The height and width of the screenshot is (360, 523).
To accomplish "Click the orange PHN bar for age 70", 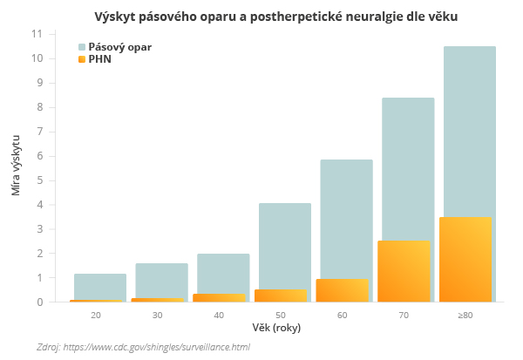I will (404, 271).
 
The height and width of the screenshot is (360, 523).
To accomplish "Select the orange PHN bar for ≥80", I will (465, 260).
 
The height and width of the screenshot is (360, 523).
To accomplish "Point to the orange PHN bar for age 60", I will (343, 290).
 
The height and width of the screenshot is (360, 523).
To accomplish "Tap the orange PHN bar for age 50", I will (281, 295).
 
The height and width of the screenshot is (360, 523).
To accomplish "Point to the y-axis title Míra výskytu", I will (17, 165).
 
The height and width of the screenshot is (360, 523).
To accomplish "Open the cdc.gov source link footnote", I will (143, 347).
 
